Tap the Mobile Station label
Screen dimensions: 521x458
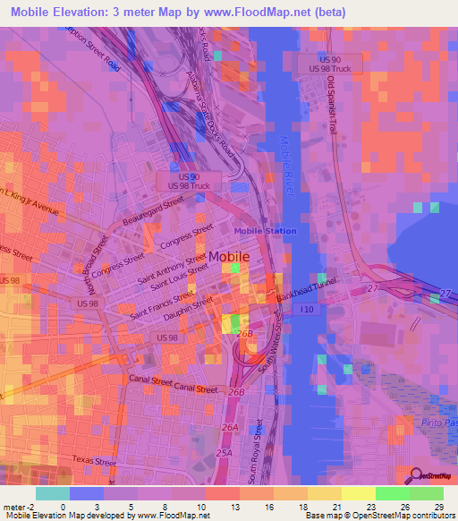(x=266, y=231)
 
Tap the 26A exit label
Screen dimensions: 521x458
(x=229, y=428)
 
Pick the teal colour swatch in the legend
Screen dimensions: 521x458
(x=53, y=493)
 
